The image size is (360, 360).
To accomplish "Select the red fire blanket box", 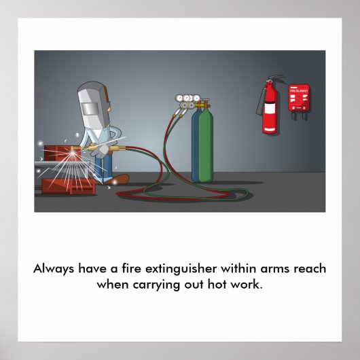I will (298, 98).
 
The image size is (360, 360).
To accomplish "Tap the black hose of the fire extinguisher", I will (259, 102).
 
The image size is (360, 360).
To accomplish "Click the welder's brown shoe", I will (119, 178).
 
